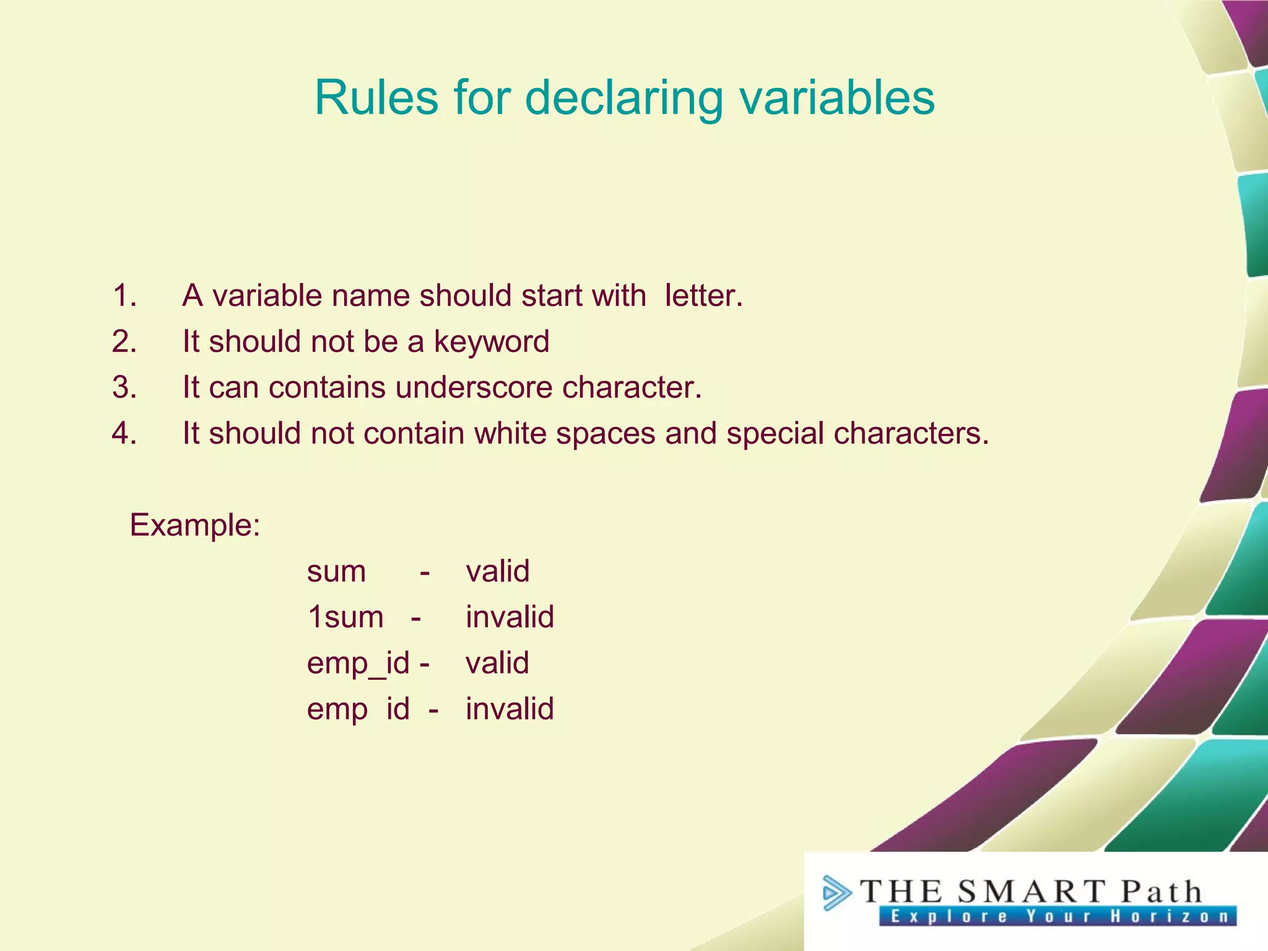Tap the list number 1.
pyautogui.click(x=124, y=296)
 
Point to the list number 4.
pyautogui.click(x=124, y=433)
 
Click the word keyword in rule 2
pyautogui.click(x=491, y=342)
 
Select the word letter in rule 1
pyautogui.click(x=703, y=296)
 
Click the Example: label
pyautogui.click(x=194, y=526)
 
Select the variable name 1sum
pyautogui.click(x=345, y=617)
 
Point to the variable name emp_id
pyautogui.click(x=358, y=664)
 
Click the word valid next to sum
pyautogui.click(x=497, y=571)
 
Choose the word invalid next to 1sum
pyautogui.click(x=510, y=617)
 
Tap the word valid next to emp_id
pyautogui.click(x=497, y=663)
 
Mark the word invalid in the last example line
pyautogui.click(x=510, y=709)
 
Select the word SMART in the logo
pyautogui.click(x=1031, y=892)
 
